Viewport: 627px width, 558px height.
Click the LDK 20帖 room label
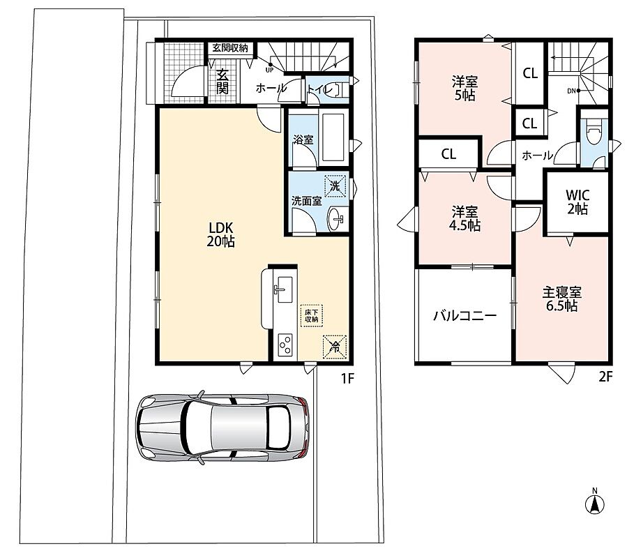220,234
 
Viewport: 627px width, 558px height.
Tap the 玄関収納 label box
229,48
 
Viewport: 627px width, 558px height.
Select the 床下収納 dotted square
312,316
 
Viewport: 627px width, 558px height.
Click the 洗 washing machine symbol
335,186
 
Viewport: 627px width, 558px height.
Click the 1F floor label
347,378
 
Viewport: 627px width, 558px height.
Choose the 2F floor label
605,377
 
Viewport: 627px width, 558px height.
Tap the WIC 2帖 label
577,202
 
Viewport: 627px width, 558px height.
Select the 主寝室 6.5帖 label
562,299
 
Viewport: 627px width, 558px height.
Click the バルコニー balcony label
465,316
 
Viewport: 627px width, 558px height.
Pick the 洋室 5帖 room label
464,89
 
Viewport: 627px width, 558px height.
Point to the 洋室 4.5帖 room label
464,218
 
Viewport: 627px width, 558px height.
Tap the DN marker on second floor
574,91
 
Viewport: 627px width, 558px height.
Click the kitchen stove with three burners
285,345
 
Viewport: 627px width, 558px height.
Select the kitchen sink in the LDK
283,289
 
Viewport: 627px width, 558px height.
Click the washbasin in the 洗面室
335,219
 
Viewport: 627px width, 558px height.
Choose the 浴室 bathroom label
303,139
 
